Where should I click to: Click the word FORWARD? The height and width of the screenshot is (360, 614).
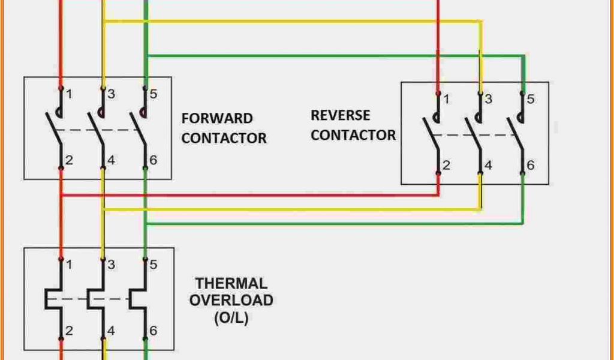pyautogui.click(x=217, y=118)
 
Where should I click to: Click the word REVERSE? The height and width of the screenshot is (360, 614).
pyautogui.click(x=340, y=115)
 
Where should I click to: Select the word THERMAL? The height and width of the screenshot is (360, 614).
pyautogui.click(x=231, y=283)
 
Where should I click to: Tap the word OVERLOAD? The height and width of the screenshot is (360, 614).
pyautogui.click(x=231, y=300)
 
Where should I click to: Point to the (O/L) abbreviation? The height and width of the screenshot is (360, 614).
pyautogui.click(x=231, y=317)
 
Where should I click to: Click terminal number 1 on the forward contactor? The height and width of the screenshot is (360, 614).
pyautogui.click(x=70, y=94)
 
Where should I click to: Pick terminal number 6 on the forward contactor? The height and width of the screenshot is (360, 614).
pyautogui.click(x=153, y=160)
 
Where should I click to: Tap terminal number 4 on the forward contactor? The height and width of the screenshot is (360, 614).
pyautogui.click(x=112, y=160)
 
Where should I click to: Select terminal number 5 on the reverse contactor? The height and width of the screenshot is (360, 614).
pyautogui.click(x=531, y=100)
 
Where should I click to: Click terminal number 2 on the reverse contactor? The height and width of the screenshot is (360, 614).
pyautogui.click(x=446, y=165)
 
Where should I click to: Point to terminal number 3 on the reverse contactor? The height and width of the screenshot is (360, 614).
pyautogui.click(x=489, y=100)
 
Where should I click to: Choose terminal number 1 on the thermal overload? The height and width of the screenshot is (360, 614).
pyautogui.click(x=70, y=264)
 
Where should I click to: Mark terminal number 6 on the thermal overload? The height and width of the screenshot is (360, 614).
pyautogui.click(x=153, y=330)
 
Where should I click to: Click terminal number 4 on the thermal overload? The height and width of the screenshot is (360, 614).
pyautogui.click(x=112, y=330)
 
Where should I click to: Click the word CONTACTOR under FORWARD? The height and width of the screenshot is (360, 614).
pyautogui.click(x=224, y=138)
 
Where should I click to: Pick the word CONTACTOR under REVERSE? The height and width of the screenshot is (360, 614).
pyautogui.click(x=353, y=135)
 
